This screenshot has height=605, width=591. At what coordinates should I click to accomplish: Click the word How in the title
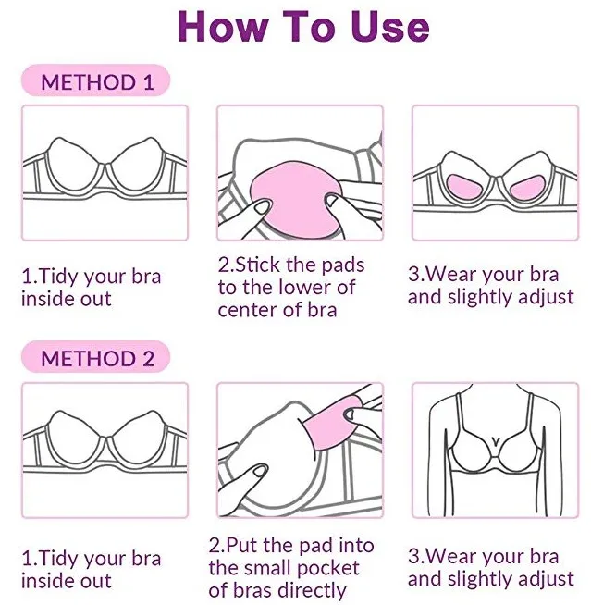[223, 26]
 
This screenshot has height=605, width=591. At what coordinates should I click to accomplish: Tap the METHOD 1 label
[97, 82]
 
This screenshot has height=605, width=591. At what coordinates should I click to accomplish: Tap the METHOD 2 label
[97, 358]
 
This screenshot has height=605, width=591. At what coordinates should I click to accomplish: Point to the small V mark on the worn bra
[496, 440]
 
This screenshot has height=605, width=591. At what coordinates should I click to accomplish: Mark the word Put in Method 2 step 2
[242, 546]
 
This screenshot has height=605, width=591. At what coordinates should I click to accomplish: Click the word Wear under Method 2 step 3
[451, 556]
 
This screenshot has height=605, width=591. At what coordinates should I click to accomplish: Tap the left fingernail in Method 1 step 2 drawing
[261, 207]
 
